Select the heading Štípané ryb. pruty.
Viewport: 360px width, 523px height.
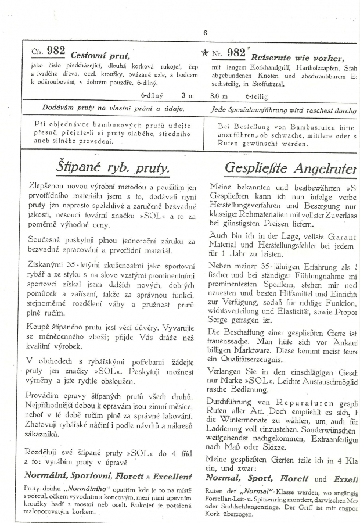(x=113, y=168)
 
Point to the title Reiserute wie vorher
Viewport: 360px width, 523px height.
(x=297, y=57)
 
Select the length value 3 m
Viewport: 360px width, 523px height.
(x=188, y=94)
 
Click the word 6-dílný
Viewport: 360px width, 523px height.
(x=152, y=94)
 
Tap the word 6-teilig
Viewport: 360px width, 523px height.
(x=256, y=94)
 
